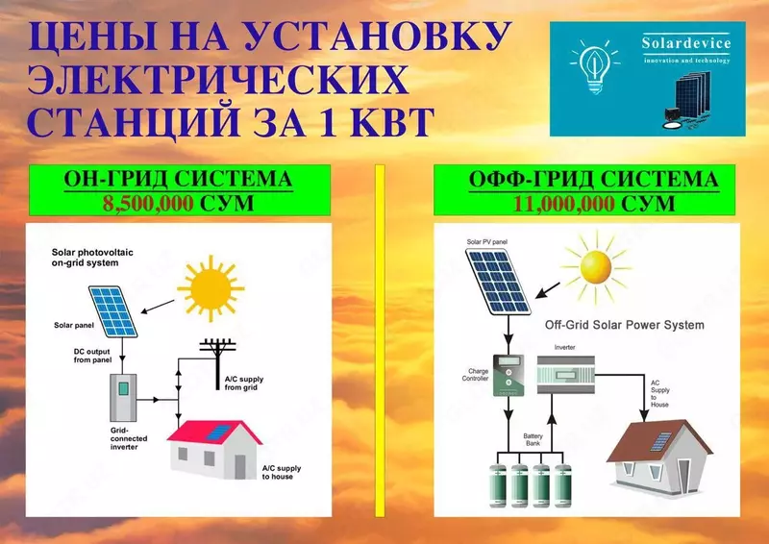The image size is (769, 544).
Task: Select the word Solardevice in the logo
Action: coord(685,44)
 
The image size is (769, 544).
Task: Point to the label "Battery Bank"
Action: coord(531,439)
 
